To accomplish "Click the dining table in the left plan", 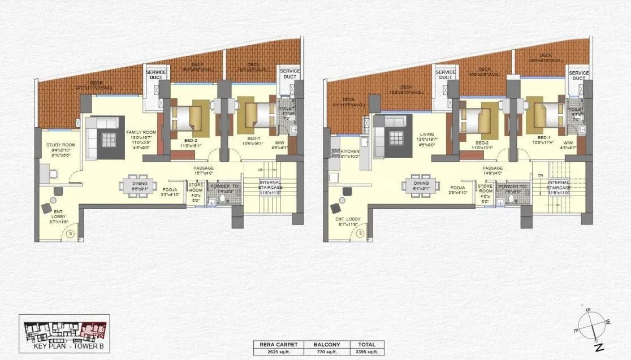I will [x=139, y=186].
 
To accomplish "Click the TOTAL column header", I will [x=363, y=344].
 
